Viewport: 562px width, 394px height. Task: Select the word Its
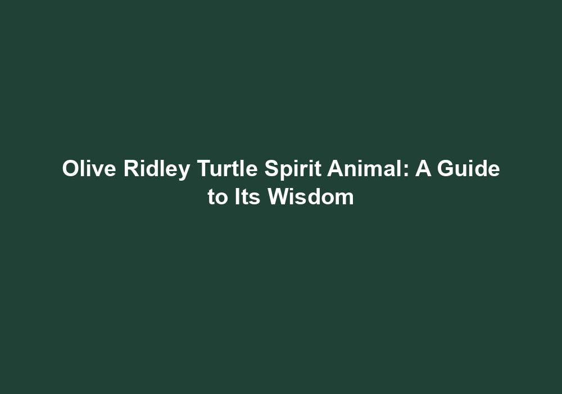[247, 198]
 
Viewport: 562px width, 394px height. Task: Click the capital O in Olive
[70, 169]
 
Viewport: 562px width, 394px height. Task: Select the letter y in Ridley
[183, 171]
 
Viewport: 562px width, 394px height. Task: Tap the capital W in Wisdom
[279, 198]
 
